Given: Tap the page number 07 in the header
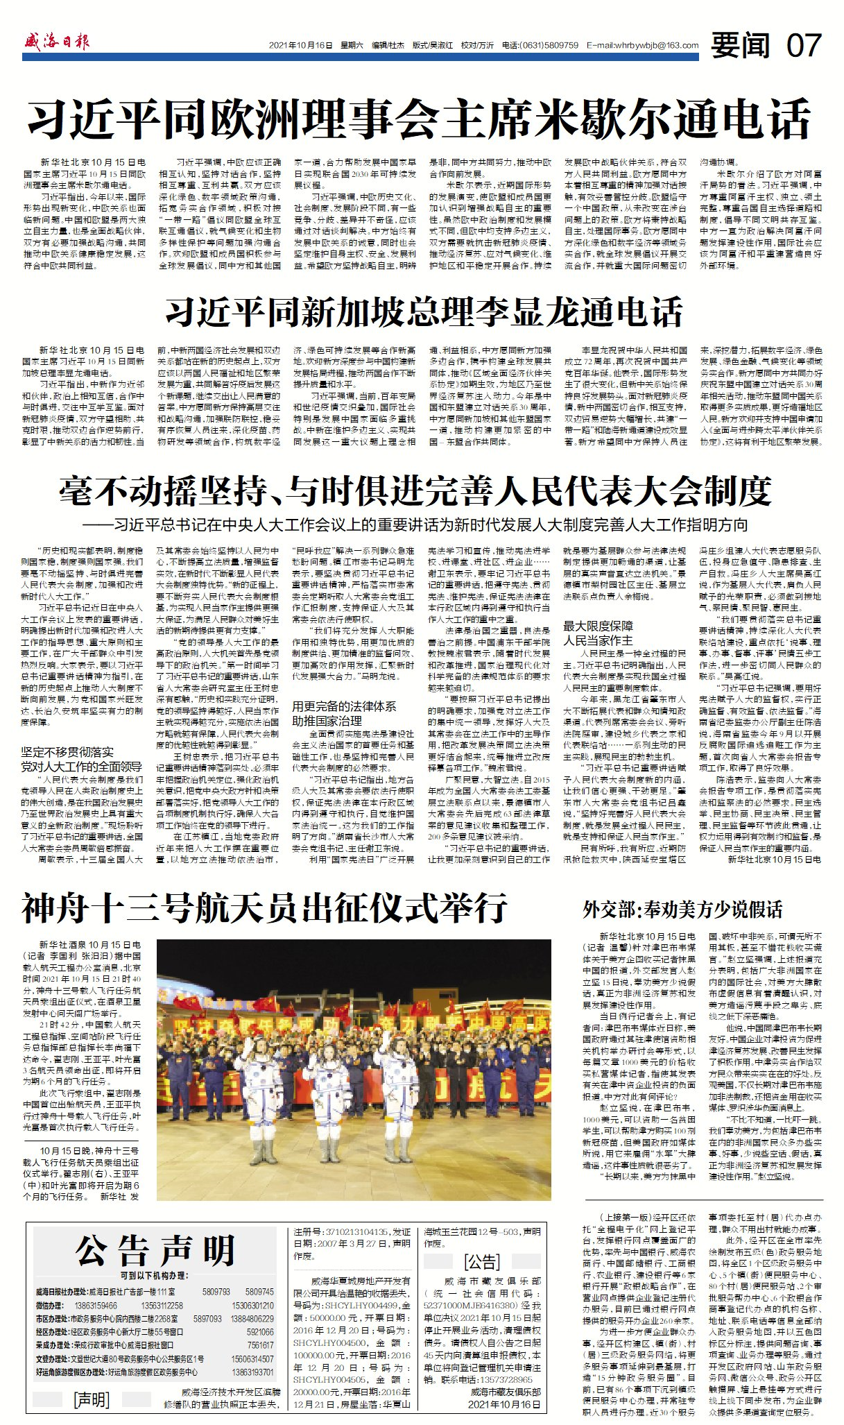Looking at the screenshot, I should click(x=804, y=46).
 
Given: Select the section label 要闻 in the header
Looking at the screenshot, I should click(x=741, y=46).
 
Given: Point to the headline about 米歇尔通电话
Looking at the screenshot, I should click(x=420, y=119).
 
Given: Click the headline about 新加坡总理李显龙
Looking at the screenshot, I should click(x=424, y=312).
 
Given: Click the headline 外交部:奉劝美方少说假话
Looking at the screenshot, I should click(x=682, y=910).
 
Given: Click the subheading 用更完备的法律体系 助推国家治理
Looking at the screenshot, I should click(x=344, y=713).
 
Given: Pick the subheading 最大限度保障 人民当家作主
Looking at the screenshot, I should click(x=598, y=633).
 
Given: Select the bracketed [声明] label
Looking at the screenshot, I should click(x=92, y=1399).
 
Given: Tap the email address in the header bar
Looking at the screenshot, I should click(x=643, y=46).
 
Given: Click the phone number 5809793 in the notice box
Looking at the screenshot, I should click(x=216, y=1292).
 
